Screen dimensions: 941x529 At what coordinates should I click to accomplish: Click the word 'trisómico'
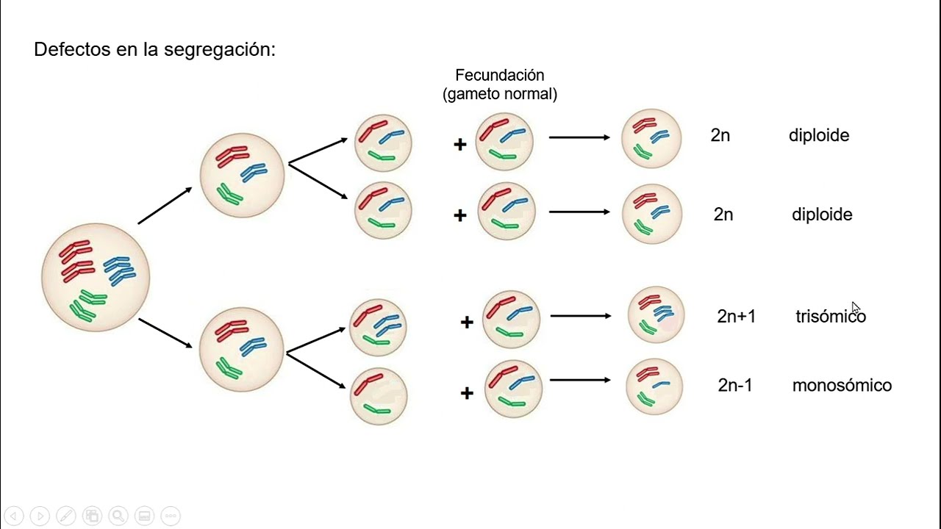coord(831,316)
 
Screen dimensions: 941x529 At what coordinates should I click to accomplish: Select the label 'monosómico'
coord(842,385)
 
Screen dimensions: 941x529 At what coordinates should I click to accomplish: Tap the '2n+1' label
coord(736,316)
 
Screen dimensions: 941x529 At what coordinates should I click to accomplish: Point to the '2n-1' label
coord(734,385)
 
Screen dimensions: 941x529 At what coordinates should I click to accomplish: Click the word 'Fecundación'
coord(499,75)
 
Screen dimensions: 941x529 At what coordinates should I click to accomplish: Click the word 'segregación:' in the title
coord(220,49)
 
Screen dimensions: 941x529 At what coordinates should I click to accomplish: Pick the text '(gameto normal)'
coord(499,94)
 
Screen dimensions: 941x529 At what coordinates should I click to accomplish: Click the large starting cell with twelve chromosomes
coord(96,277)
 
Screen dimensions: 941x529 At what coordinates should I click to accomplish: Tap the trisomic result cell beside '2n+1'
coord(656,315)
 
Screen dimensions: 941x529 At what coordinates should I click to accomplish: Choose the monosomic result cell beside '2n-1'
coord(654,386)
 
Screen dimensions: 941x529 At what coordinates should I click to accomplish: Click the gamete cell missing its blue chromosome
coord(379,396)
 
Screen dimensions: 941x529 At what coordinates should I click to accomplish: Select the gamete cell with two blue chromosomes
coord(378,328)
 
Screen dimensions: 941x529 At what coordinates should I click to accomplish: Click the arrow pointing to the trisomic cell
coord(581,316)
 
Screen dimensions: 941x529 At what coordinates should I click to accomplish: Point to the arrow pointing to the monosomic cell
coord(580,380)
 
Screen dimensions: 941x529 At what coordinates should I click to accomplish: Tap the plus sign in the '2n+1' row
coord(467,322)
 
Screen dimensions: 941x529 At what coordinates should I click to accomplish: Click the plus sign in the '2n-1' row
coord(467,393)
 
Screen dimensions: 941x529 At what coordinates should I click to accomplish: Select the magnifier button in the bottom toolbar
coord(118,516)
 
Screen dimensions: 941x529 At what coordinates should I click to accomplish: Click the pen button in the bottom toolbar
coord(66,516)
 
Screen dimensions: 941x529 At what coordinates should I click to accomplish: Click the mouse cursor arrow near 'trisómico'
coord(856,307)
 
